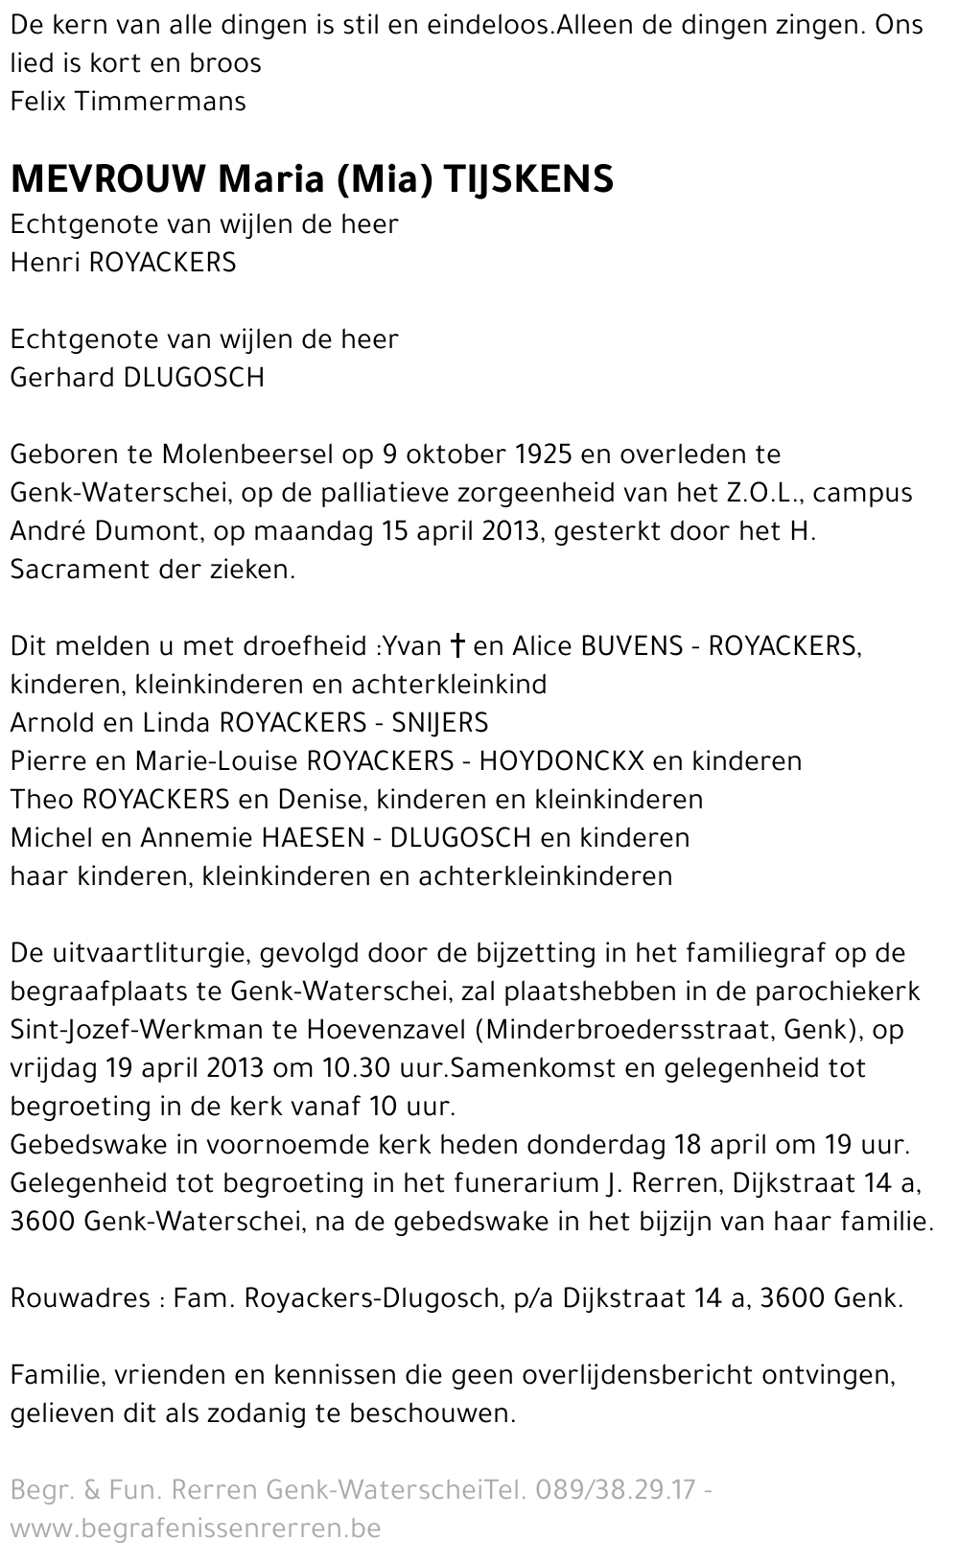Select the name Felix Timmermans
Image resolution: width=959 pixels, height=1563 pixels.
(x=128, y=102)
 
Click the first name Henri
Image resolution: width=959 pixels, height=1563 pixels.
(x=44, y=263)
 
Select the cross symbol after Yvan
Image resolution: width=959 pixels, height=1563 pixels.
(x=456, y=646)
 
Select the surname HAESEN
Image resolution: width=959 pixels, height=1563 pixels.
(x=311, y=838)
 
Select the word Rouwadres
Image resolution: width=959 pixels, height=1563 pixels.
(x=80, y=1298)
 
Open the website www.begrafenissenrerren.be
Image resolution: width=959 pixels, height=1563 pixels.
(x=195, y=1528)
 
